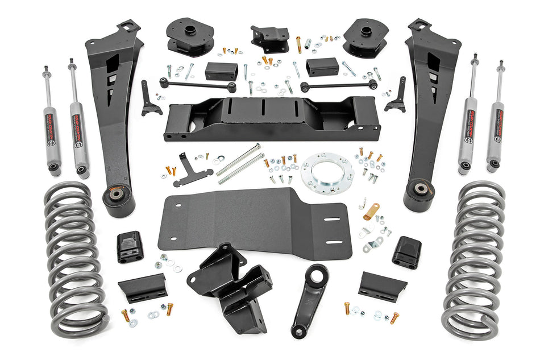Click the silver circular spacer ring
tap(327, 172)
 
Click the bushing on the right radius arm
tap(421, 189)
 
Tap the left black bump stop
tap(130, 247)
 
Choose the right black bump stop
tap(406, 251)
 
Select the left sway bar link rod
tap(197, 85)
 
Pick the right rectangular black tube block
tap(322, 67)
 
